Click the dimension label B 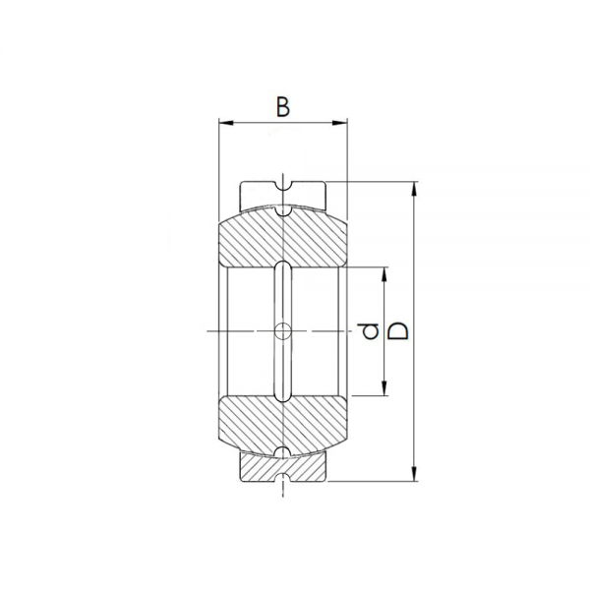[x=283, y=107]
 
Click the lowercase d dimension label [x=369, y=331]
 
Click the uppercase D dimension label [x=397, y=331]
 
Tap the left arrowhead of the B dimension [x=226, y=123]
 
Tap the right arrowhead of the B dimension [x=339, y=123]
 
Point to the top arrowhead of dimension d [x=384, y=274]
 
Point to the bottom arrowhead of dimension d [x=384, y=388]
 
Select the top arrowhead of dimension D [x=414, y=189]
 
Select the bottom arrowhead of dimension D [x=414, y=474]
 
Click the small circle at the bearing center [x=283, y=331]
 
